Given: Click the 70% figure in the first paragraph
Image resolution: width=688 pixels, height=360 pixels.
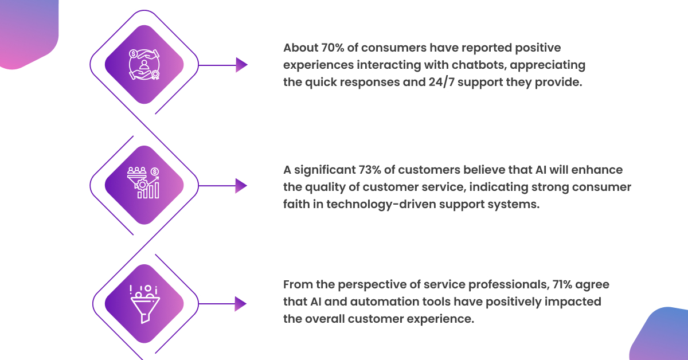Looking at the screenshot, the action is click(333, 48).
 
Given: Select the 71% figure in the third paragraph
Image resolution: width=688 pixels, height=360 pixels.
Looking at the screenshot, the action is click(562, 285).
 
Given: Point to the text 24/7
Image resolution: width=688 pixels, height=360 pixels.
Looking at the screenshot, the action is click(441, 83).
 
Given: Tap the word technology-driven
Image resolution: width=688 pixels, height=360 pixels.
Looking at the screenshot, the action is click(381, 205).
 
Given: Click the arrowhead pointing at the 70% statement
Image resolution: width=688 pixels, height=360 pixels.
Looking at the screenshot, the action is click(242, 65).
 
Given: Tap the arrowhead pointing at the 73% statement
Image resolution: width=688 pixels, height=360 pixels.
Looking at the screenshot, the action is click(241, 186).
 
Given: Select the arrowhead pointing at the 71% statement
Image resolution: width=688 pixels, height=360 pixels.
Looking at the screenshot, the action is click(240, 304).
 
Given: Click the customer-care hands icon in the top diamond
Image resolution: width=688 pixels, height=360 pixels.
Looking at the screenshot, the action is click(144, 65).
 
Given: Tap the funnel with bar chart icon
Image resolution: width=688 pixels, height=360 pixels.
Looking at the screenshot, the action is click(143, 183).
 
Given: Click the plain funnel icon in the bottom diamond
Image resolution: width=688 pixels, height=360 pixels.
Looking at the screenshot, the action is click(144, 304).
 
